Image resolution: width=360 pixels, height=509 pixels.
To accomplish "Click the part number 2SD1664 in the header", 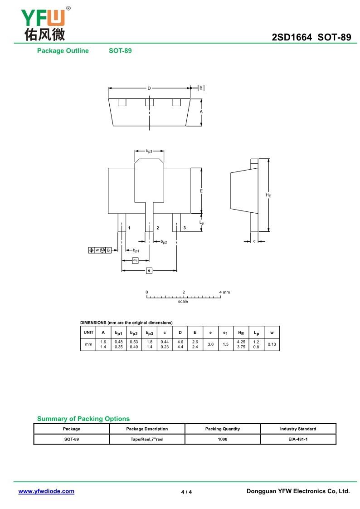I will pos(292,38).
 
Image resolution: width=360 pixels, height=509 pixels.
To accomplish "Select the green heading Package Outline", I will pos(63,51).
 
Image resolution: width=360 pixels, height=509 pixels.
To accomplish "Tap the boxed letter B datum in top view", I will pos(201,88).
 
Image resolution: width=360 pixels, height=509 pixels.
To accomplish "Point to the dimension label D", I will pos(149,88).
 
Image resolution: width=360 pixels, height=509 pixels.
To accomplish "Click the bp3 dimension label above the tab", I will pos(149,151).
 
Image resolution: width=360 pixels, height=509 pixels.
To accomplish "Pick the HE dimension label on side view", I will pos(268,195).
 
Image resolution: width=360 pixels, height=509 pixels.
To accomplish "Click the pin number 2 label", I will pos(157,227).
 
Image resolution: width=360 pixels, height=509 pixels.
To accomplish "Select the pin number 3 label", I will pos(185,227).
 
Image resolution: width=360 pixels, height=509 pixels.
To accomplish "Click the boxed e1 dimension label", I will pos(135,260).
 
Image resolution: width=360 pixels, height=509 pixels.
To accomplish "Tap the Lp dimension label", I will pos(202,222).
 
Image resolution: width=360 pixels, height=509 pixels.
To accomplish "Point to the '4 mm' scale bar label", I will pos(224,292).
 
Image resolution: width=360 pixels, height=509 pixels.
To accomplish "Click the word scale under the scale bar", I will pos(183,302).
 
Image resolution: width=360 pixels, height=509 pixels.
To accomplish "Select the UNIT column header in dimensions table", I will pos(88,333).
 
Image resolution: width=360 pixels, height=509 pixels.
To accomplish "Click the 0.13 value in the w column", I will pos(272,344).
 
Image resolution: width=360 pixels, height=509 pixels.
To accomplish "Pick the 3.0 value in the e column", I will pos(210,344).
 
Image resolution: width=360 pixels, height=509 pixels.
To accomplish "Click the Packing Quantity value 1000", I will pos(222,440).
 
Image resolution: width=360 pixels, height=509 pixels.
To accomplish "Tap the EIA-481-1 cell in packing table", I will pos(298,440).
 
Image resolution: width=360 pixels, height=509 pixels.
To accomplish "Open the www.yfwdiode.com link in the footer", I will pos(46,491).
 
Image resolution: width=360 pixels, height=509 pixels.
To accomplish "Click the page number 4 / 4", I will pos(186,492).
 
